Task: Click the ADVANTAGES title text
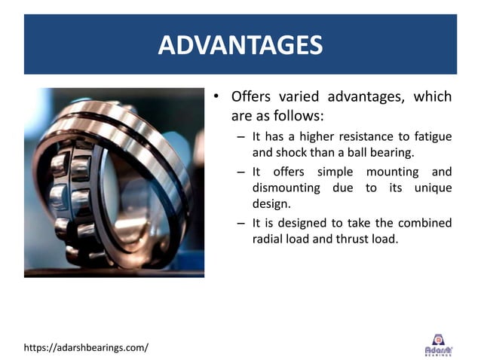[x=240, y=44]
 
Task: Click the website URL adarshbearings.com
[x=86, y=347]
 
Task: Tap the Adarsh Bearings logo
[x=439, y=344]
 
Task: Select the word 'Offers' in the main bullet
[x=251, y=97]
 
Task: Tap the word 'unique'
[x=433, y=188]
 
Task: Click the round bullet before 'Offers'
[x=216, y=97]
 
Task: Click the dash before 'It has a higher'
[x=240, y=136]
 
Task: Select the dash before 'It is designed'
[x=240, y=223]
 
